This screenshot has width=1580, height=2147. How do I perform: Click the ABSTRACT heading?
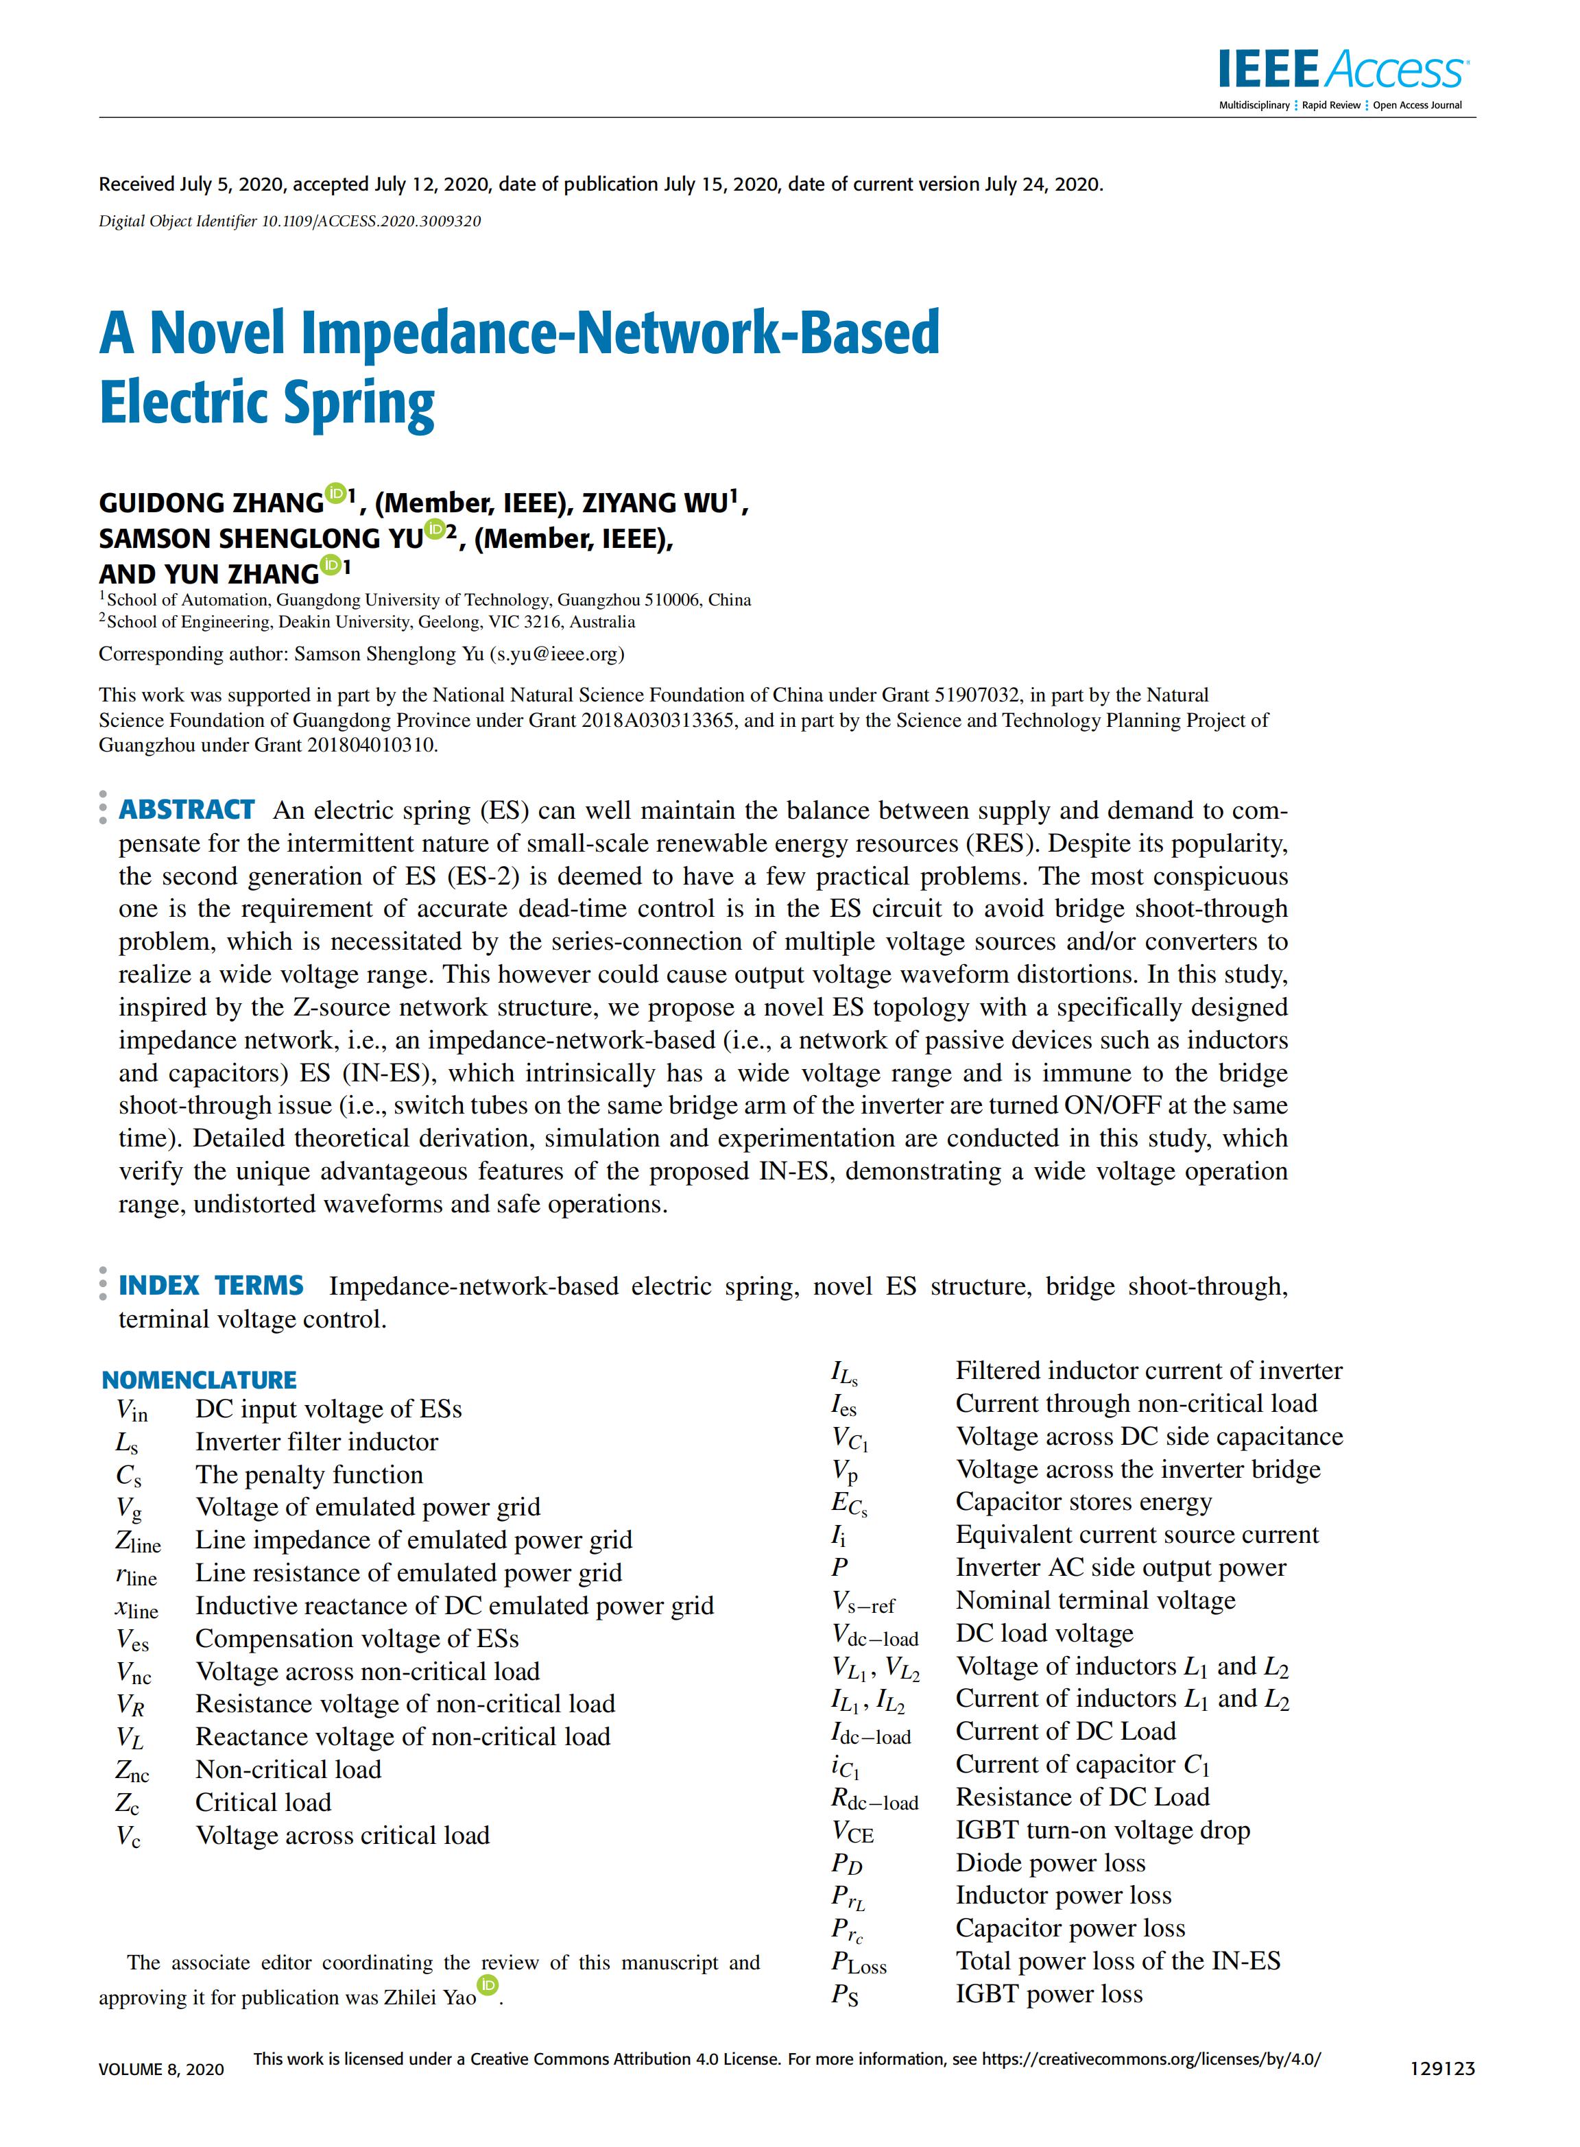(187, 810)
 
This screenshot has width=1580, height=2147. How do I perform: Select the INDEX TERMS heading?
(211, 1285)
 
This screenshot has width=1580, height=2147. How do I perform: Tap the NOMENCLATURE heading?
(199, 1379)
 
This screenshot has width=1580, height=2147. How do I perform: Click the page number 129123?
(1442, 2069)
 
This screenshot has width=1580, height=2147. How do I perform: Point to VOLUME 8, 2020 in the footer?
(160, 2070)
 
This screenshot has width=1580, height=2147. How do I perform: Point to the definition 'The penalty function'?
(309, 1475)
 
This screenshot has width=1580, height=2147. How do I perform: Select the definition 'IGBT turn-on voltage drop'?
(1103, 1830)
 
